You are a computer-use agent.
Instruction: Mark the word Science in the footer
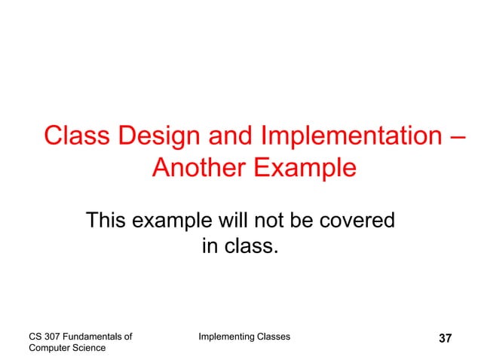(x=90, y=348)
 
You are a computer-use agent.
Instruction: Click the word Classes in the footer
(x=271, y=336)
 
